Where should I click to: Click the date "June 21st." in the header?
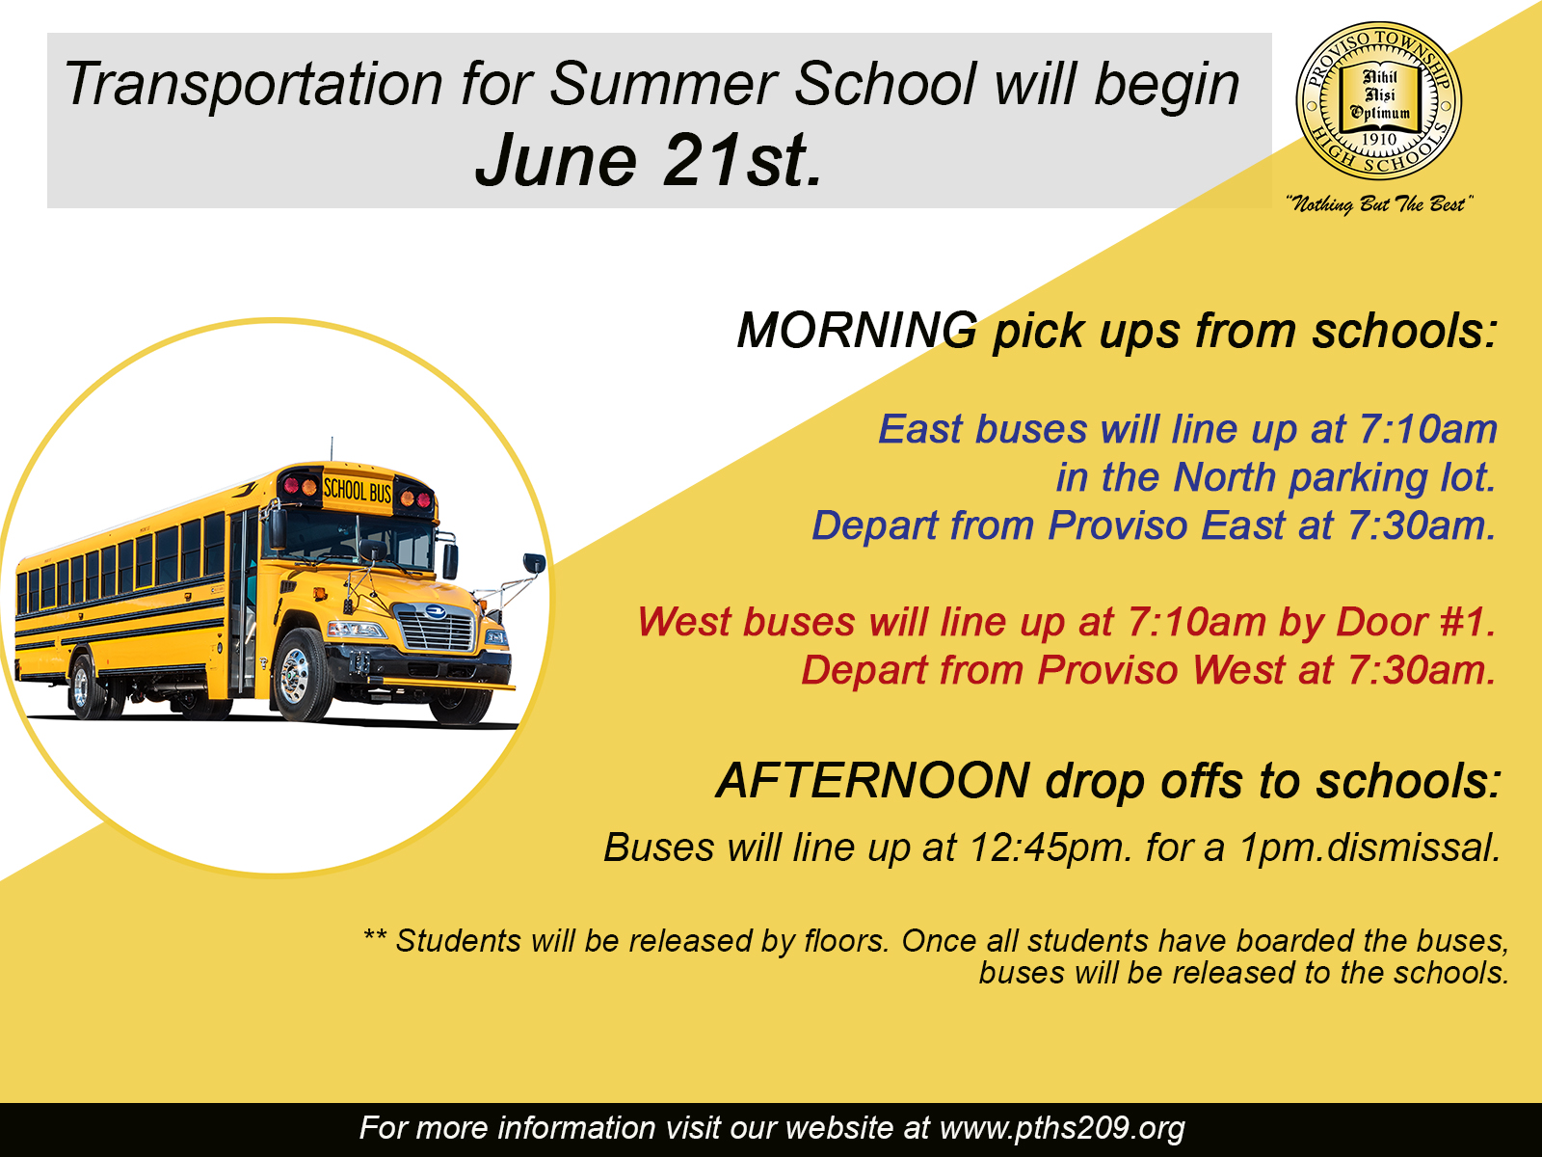click(649, 161)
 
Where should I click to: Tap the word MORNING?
click(857, 330)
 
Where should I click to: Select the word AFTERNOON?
click(872, 780)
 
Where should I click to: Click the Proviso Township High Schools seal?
click(1378, 100)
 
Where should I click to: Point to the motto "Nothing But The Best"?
click(1378, 204)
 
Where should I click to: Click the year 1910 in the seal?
click(1378, 139)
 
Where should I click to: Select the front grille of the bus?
click(437, 629)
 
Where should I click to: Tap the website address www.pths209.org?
click(1062, 1128)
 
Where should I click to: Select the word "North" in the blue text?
click(1224, 477)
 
